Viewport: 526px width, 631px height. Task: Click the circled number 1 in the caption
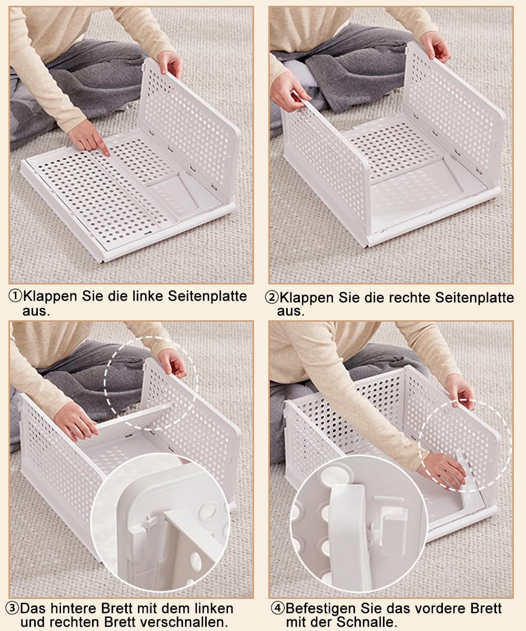coord(15,296)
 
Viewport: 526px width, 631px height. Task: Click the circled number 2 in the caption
coord(271,298)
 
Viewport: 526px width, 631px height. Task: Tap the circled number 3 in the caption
coord(13,608)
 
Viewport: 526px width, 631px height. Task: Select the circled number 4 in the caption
coord(277,608)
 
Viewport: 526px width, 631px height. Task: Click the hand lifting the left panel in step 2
coord(290,91)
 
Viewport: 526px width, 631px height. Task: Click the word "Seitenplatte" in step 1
coord(207,296)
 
